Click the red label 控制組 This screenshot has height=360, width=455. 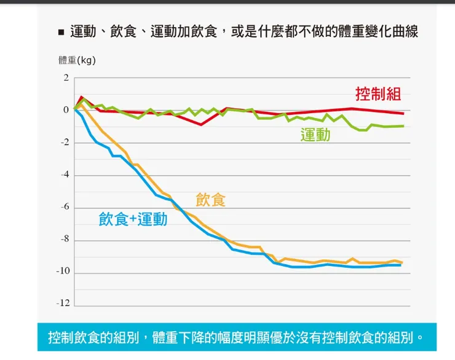[378, 94]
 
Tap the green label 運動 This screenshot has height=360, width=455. [315, 135]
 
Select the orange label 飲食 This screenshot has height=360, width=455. [211, 200]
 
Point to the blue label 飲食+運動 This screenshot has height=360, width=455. [133, 219]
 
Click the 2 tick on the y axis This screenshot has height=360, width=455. [66, 79]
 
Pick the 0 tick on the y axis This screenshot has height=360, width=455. [66, 111]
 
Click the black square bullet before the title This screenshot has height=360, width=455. [61, 32]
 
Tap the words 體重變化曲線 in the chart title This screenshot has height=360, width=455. [378, 31]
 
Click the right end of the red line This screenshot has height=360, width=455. [403, 114]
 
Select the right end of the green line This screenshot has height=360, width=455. [403, 126]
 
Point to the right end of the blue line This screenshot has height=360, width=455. [401, 265]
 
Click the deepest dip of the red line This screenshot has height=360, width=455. [201, 125]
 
